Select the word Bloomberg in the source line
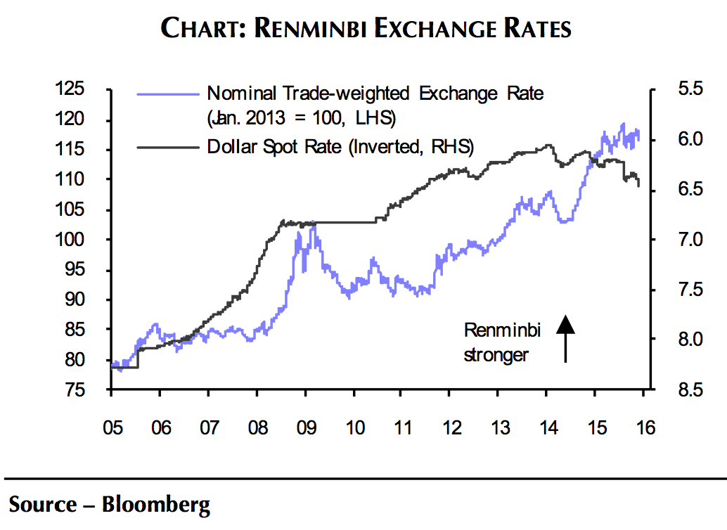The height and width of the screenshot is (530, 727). [x=156, y=504]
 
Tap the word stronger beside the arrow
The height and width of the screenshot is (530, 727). [x=496, y=354]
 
